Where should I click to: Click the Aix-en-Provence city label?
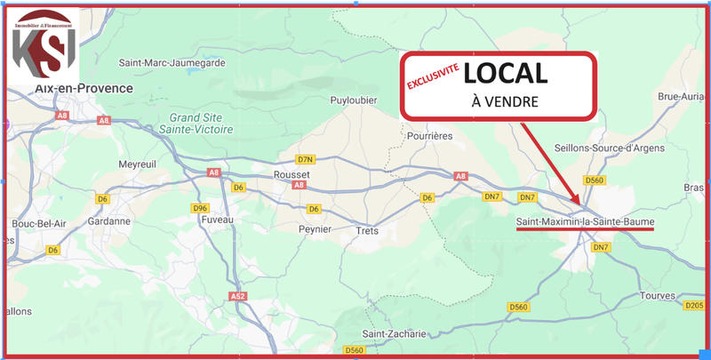[x=84, y=89]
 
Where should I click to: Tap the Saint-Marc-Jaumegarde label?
[x=172, y=63]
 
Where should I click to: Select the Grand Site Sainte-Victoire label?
[x=202, y=123]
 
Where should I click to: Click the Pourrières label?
[x=429, y=135]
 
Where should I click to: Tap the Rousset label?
[x=292, y=175]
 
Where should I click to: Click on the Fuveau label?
[x=217, y=219]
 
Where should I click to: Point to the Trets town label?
[x=367, y=229]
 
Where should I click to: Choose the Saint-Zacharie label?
[x=395, y=333]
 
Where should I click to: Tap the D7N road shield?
[x=307, y=159]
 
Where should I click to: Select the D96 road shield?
[x=200, y=208]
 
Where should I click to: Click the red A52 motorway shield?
[x=237, y=296]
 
